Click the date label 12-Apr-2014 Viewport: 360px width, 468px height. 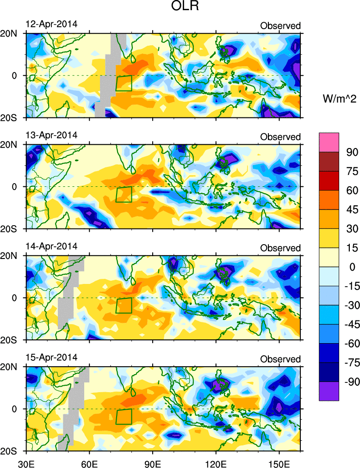pyautogui.click(x=51, y=24)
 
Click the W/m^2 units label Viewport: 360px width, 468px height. pyautogui.click(x=339, y=98)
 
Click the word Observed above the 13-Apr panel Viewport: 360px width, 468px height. pyautogui.click(x=280, y=137)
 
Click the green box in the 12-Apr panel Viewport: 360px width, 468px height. pyautogui.click(x=124, y=83)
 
